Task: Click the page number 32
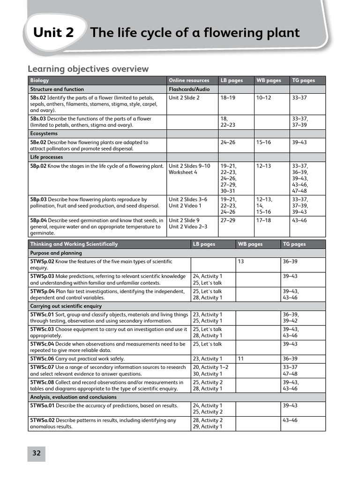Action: [37, 453]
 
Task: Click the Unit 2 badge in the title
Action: [53, 33]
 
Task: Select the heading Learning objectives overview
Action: [88, 69]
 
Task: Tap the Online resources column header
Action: [189, 81]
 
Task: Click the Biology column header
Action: [39, 81]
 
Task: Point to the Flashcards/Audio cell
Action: [189, 89]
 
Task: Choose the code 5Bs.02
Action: [38, 97]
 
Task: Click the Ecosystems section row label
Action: [44, 134]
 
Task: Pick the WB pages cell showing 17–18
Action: [263, 220]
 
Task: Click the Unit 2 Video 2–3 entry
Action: [187, 227]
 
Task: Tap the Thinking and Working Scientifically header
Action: [74, 244]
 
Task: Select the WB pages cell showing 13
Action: [241, 262]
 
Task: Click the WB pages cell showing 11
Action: [241, 359]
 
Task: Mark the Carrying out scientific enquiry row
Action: [66, 306]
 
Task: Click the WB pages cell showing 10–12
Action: [263, 97]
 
